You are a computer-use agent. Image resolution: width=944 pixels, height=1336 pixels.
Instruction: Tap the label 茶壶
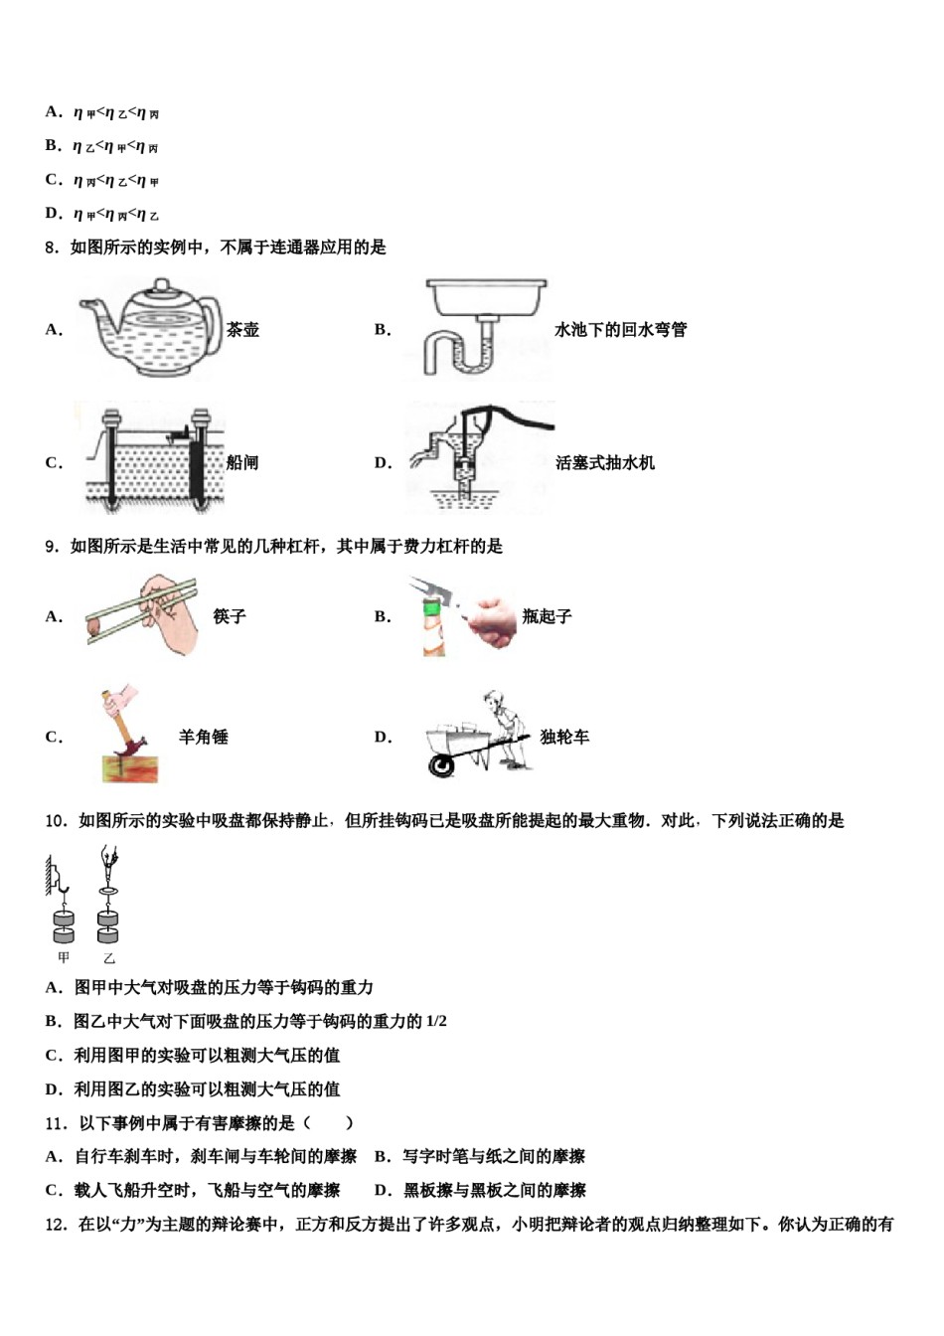[242, 330]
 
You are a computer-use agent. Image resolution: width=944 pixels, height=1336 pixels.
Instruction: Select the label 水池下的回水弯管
[620, 330]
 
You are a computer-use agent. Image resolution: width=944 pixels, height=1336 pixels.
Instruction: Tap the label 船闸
[242, 462]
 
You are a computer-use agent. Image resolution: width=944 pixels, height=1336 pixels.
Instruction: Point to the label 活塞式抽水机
[604, 462]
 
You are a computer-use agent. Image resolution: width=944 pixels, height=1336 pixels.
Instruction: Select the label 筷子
[230, 616]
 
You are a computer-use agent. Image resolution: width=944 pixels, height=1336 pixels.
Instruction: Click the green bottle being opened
[433, 631]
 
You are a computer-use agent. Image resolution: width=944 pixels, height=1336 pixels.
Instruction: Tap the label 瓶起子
[547, 616]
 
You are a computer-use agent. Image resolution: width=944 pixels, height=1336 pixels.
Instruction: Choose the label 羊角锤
[204, 737]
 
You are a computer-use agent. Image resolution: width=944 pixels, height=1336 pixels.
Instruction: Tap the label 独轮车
[564, 737]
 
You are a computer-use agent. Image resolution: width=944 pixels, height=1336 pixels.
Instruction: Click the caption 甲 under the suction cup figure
[64, 958]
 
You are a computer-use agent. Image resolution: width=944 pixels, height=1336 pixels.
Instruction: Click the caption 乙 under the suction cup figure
[108, 958]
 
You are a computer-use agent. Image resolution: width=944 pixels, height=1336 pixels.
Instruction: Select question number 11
[56, 1123]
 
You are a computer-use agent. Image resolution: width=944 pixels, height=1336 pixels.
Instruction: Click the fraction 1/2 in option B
[436, 1022]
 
